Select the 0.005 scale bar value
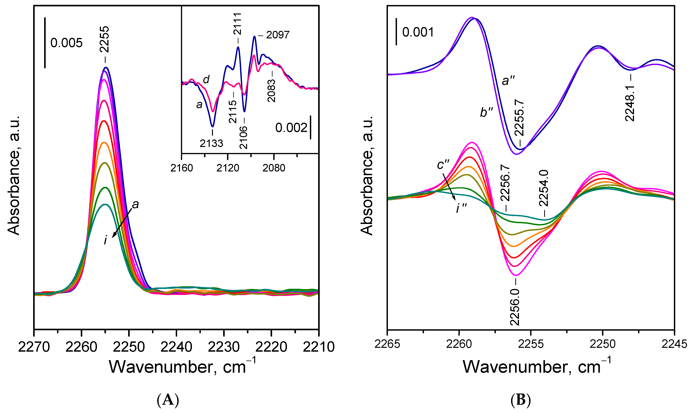pyautogui.click(x=66, y=43)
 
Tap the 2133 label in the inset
pyautogui.click(x=211, y=143)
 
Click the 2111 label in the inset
pyautogui.click(x=237, y=24)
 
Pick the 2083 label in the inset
pyautogui.click(x=271, y=91)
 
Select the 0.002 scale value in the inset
pyautogui.click(x=291, y=128)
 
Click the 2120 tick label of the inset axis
pyautogui.click(x=228, y=168)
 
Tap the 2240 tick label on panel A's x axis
pyautogui.click(x=176, y=347)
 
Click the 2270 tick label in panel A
pyautogui.click(x=34, y=347)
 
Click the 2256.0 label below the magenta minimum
pyautogui.click(x=515, y=307)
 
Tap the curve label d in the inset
pyautogui.click(x=206, y=80)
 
